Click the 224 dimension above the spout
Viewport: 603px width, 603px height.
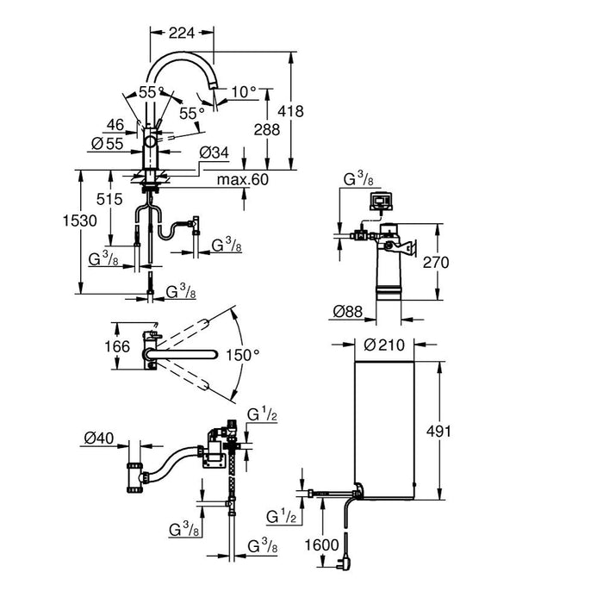click(181, 33)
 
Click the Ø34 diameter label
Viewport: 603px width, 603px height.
click(212, 152)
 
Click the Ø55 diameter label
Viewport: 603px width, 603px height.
click(108, 143)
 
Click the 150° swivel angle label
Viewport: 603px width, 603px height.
click(244, 354)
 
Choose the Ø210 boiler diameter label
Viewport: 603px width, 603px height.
click(383, 346)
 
